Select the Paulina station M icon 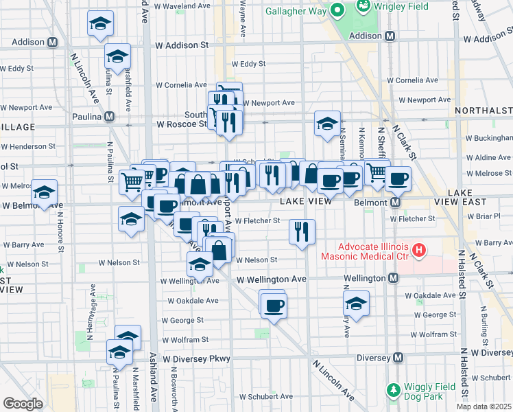(110, 117)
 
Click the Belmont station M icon (396, 203)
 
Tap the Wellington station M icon (393, 278)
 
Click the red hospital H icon (416, 251)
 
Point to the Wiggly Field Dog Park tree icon (393, 390)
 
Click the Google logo (23, 403)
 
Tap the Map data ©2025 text (484, 407)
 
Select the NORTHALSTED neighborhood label (484, 111)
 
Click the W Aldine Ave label (489, 157)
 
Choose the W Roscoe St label (182, 124)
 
